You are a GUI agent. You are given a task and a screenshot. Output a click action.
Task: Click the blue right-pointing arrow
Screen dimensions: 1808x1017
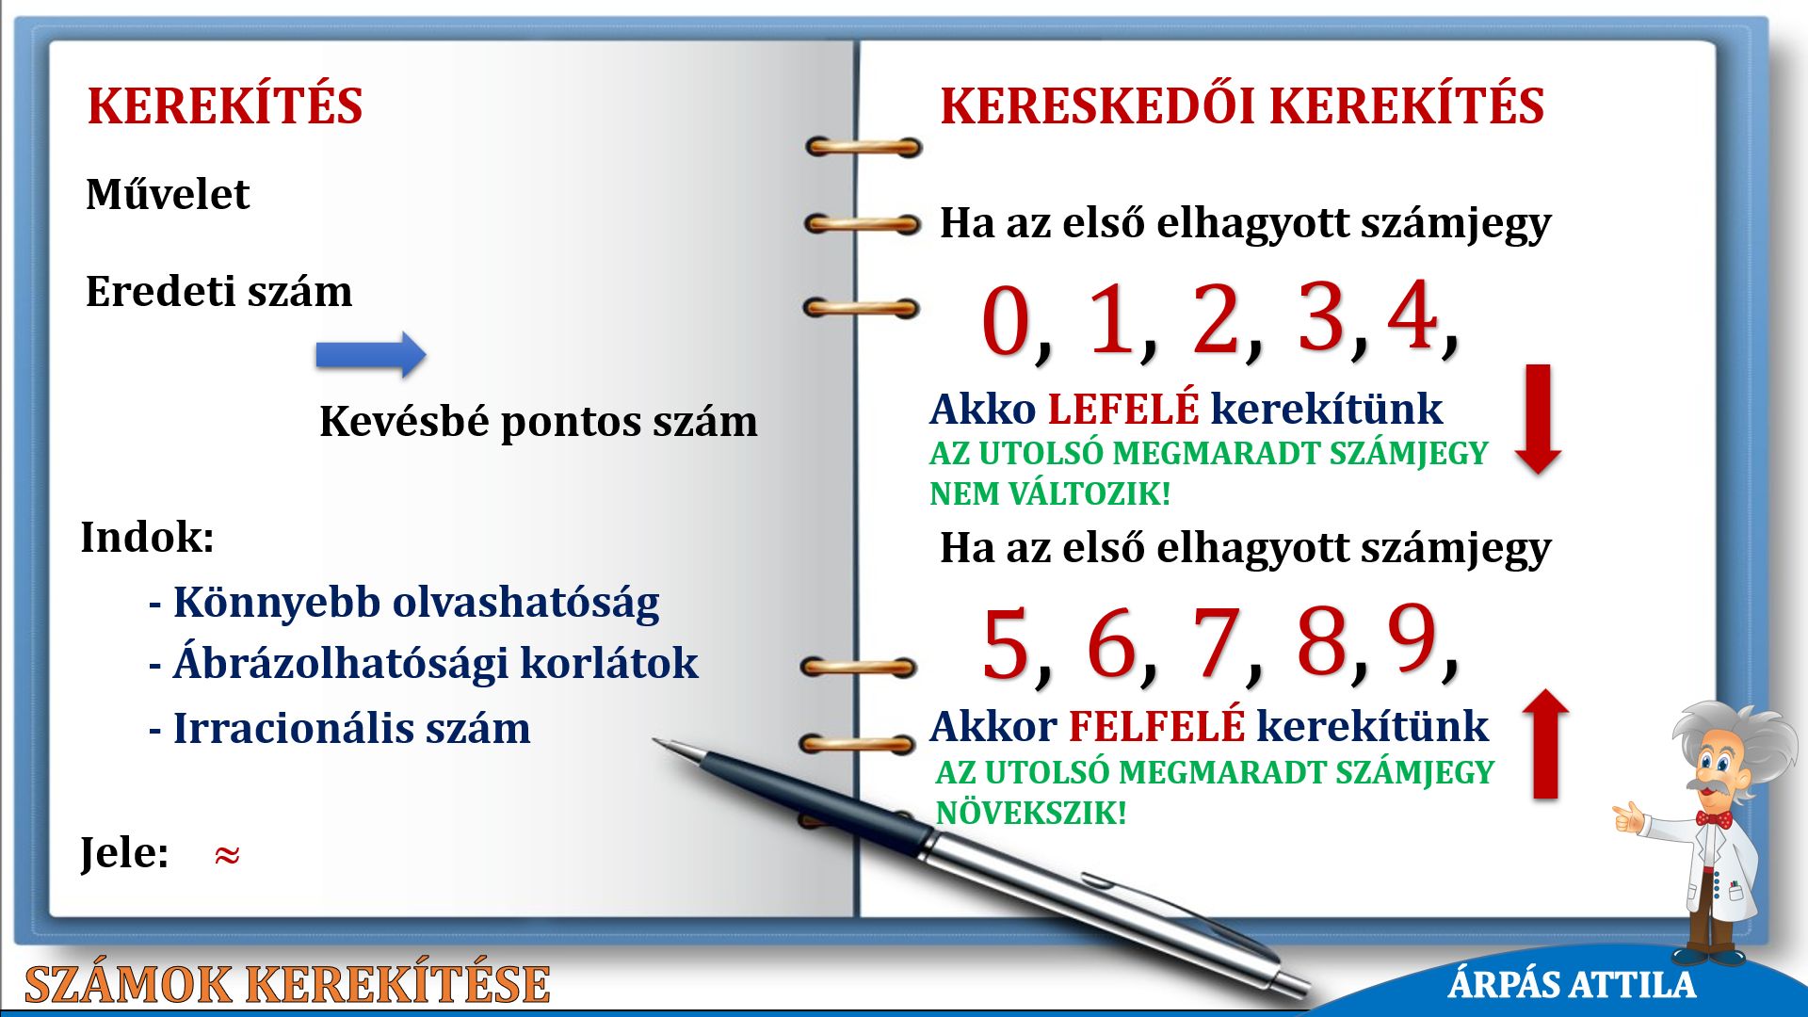point(371,355)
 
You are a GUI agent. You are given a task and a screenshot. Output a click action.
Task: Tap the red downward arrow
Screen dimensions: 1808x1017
point(1538,419)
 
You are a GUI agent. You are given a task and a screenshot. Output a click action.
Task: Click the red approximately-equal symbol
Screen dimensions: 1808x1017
point(227,855)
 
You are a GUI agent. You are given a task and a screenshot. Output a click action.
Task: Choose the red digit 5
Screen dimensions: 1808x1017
point(1005,644)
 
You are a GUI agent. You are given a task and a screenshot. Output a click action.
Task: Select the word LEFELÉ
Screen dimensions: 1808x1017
point(1123,409)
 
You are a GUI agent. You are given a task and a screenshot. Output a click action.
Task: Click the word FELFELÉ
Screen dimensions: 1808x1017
point(1156,726)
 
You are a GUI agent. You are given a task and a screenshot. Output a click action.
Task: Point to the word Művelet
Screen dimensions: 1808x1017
point(168,194)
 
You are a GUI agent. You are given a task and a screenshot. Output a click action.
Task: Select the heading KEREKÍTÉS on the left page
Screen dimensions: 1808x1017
point(225,105)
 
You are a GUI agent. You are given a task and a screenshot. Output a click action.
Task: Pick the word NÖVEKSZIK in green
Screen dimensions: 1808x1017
point(1031,812)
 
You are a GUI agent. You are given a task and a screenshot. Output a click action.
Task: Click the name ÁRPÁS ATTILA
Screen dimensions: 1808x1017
point(1572,985)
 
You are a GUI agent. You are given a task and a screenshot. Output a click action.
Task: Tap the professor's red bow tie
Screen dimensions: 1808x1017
point(1714,818)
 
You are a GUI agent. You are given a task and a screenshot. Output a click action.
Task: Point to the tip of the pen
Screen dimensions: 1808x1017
point(654,740)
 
